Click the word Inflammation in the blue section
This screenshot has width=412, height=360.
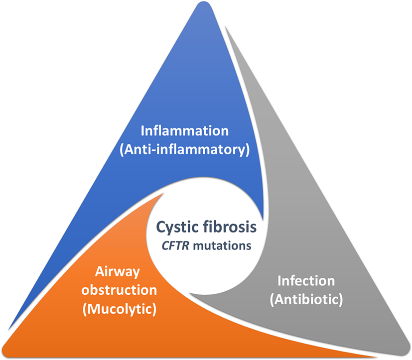tap(185, 131)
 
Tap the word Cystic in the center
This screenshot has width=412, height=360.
tap(178, 228)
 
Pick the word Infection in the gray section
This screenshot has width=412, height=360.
tap(306, 281)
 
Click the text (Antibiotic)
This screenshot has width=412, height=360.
tap(306, 300)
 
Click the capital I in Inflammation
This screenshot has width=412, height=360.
tap(143, 131)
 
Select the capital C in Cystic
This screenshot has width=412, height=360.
tap(161, 228)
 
